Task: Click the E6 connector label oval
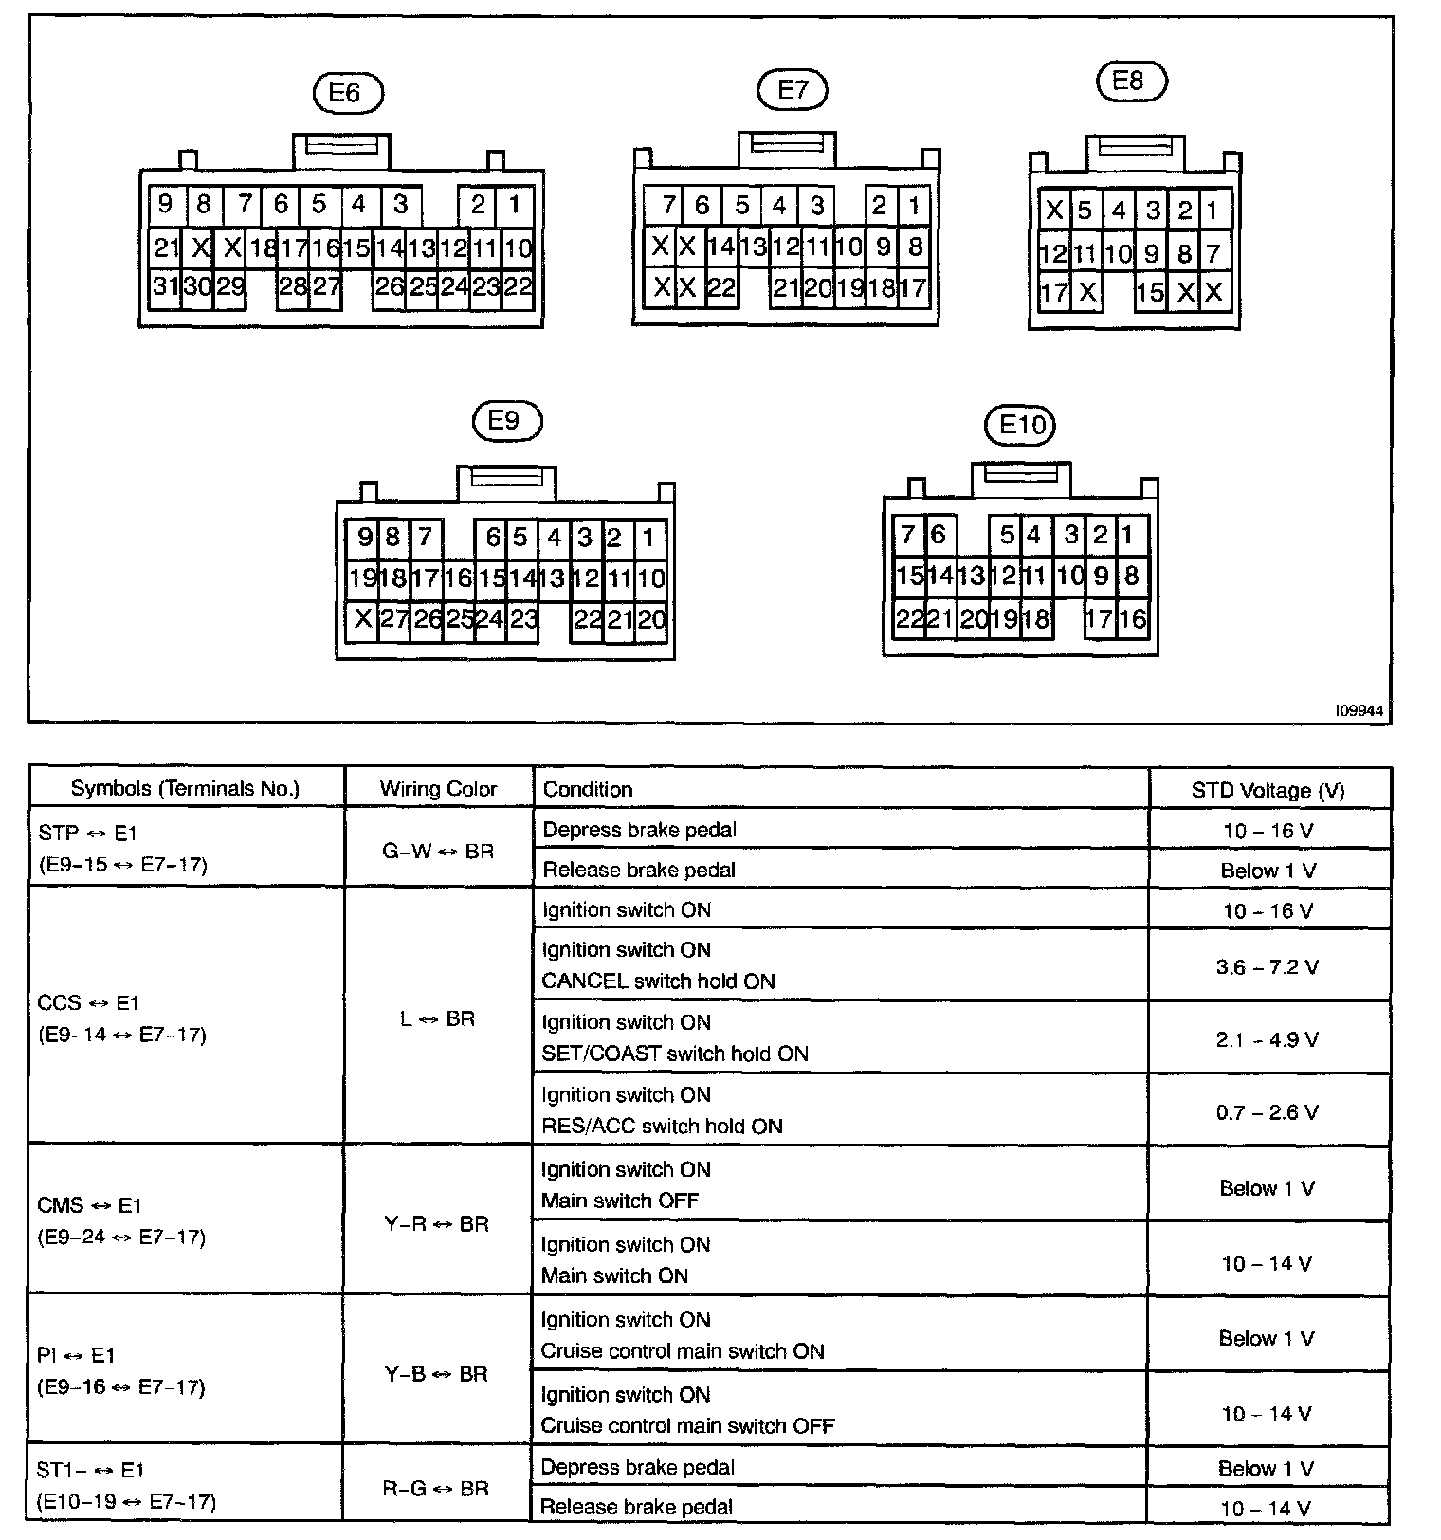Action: [x=346, y=93]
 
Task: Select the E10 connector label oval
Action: [x=1021, y=425]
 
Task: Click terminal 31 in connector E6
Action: [x=166, y=286]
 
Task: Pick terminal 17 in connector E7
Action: [x=913, y=288]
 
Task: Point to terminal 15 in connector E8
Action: [x=1150, y=292]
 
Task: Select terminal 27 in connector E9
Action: [x=393, y=619]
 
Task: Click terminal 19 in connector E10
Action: [x=1003, y=619]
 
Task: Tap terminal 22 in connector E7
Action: [x=722, y=288]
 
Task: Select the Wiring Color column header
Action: [x=438, y=789]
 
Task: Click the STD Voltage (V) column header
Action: [x=1268, y=790]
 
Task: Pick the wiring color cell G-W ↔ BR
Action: [x=438, y=851]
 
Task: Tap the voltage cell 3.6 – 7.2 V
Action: [x=1268, y=967]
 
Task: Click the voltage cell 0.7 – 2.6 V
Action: [x=1268, y=1111]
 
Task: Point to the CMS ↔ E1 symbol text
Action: [x=89, y=1205]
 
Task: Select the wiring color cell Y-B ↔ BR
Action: [x=436, y=1374]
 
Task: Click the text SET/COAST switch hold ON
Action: [x=675, y=1054]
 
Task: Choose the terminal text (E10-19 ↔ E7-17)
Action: [x=126, y=1502]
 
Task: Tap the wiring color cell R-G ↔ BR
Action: [x=436, y=1489]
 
